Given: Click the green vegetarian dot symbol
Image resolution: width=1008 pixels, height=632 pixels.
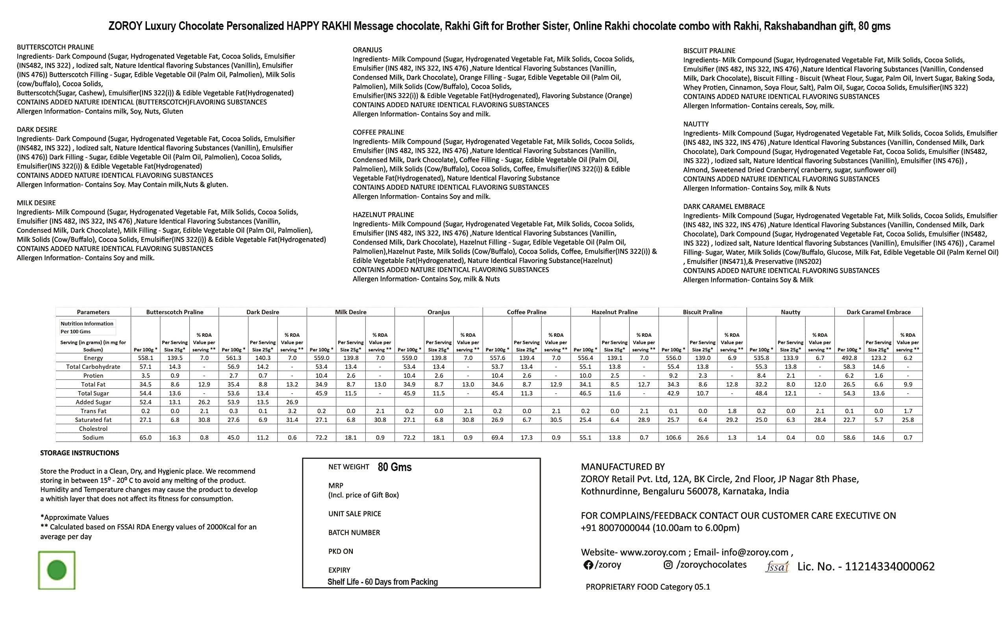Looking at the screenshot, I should coord(57,570).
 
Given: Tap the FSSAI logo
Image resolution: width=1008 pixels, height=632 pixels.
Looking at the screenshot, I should coord(777,567).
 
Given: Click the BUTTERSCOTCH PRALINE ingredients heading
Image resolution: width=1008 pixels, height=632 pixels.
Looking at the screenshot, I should coord(55,47).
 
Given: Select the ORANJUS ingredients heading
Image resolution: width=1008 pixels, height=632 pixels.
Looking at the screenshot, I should coord(367,50).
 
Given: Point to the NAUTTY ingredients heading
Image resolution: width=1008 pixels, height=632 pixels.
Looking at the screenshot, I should coord(696,124).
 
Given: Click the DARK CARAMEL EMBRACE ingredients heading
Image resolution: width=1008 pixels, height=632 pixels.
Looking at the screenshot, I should coord(724,207).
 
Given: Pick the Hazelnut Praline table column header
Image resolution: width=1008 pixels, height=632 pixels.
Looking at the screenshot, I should coord(614,312).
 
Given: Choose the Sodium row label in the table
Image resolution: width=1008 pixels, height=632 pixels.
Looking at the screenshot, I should coord(93,437).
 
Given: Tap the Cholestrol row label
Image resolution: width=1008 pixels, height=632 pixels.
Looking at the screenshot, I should coord(93,429).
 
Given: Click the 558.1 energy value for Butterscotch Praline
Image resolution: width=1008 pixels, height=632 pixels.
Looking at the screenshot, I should coord(146,358).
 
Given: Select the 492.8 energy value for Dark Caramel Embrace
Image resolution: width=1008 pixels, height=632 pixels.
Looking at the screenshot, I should coord(849,358).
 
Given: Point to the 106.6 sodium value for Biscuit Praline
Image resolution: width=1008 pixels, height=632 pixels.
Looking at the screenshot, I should coord(673,437).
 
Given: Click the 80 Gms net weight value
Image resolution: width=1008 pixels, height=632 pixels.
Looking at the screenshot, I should coord(395,468).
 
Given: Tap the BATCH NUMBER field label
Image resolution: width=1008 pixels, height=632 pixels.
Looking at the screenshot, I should coord(354,532).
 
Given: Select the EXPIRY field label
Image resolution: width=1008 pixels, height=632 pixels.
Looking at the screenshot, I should coord(339,570).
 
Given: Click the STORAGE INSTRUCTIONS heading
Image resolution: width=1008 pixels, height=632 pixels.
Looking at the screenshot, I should coord(80,453).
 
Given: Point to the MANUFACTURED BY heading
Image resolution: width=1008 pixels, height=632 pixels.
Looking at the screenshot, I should coord(623,467).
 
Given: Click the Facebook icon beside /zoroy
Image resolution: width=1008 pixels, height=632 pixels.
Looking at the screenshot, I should coord(588,565).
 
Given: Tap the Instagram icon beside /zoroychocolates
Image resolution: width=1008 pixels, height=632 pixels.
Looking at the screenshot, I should coord(668,565).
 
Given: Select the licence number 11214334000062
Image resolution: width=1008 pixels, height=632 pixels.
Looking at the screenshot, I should coord(889,566).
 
